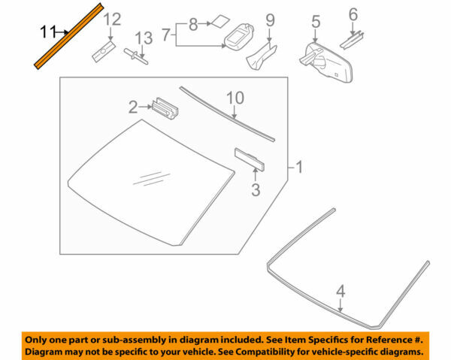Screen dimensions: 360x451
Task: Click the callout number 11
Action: (48, 31)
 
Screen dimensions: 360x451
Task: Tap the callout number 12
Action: (112, 19)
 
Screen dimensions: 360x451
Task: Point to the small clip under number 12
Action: (101, 51)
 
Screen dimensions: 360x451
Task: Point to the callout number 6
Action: (353, 13)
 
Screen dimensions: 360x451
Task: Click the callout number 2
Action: (132, 107)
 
